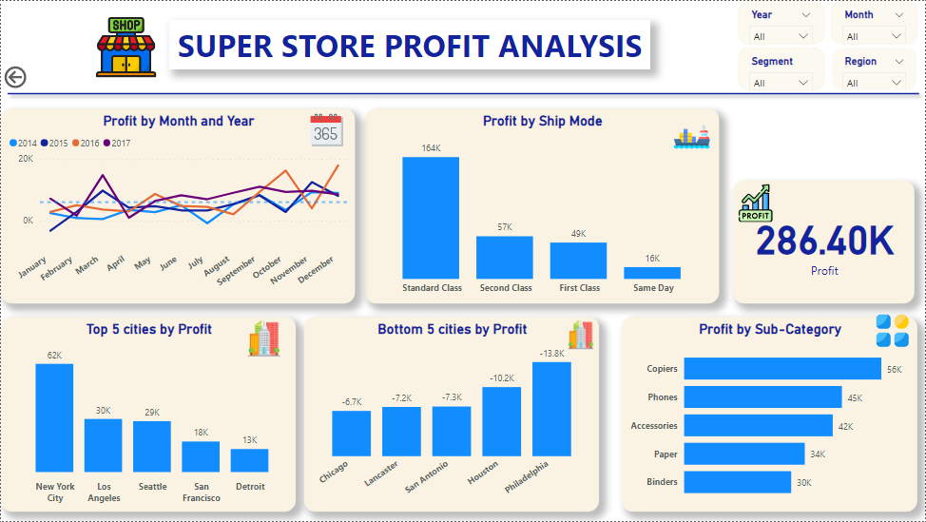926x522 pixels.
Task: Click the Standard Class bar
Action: click(x=430, y=218)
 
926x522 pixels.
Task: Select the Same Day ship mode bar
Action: click(x=651, y=273)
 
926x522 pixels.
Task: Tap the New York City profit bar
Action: click(x=54, y=417)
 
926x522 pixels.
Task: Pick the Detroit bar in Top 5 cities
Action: click(x=249, y=460)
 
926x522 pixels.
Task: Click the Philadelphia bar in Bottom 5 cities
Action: click(x=551, y=409)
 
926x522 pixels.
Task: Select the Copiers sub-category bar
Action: click(x=781, y=369)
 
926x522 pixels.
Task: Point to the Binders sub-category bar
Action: click(x=737, y=482)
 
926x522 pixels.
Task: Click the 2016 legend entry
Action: click(x=87, y=144)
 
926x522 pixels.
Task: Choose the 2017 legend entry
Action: click(x=117, y=144)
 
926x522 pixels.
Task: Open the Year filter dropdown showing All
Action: click(x=780, y=36)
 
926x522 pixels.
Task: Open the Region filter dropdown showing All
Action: click(x=874, y=83)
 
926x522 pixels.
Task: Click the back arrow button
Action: click(x=15, y=78)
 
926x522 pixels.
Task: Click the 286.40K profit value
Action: click(x=824, y=241)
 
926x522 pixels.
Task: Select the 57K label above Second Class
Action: click(x=504, y=227)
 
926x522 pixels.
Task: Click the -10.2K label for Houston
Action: click(x=501, y=377)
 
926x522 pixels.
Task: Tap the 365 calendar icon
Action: click(x=326, y=130)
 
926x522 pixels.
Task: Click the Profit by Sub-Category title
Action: click(x=769, y=329)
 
